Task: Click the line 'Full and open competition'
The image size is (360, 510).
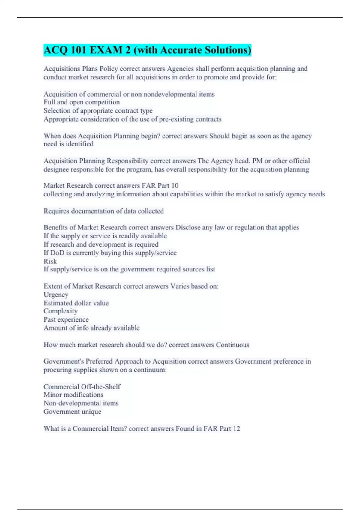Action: coord(82,102)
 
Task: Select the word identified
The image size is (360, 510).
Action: coord(79,144)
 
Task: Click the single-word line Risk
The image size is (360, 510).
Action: coord(50,261)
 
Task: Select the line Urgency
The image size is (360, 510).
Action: coord(56,295)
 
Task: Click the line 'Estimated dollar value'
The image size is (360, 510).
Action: coord(76,303)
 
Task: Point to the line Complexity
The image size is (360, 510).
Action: coord(61,311)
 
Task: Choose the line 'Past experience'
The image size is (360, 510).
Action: coord(66,319)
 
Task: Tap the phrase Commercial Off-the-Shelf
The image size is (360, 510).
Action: coord(82,387)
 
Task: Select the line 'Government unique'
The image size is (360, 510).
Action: coord(72,412)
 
